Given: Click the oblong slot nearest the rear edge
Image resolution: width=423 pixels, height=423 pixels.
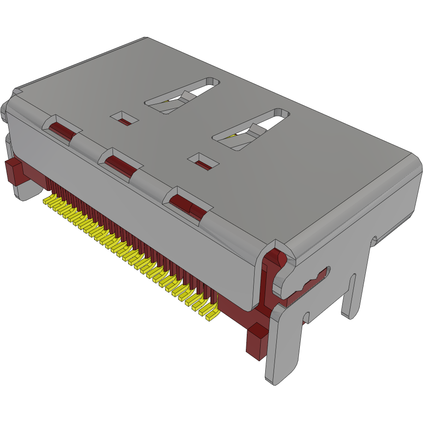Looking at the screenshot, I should (183, 96).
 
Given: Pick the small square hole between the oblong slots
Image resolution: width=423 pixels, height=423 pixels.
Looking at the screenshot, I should (202, 161).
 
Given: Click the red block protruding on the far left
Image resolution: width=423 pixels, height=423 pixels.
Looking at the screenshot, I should (13, 171).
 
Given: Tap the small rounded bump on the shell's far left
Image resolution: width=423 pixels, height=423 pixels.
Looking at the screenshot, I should (5, 113).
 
